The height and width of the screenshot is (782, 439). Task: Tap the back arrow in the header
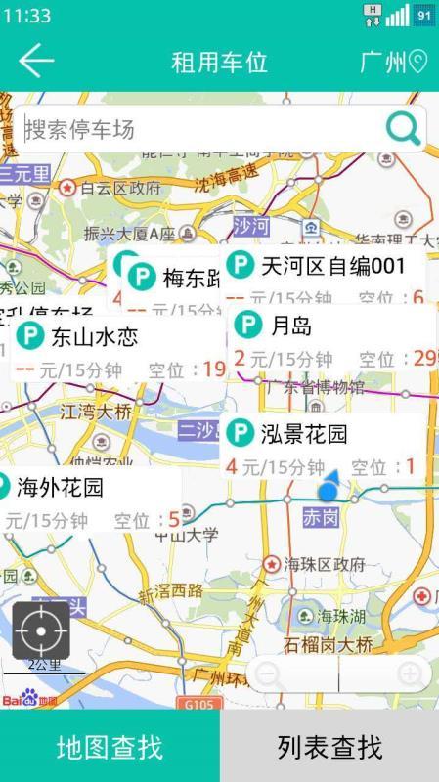tap(36, 62)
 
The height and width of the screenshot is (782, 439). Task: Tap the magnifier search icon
tap(403, 128)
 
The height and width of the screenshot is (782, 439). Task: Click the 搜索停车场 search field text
tap(79, 130)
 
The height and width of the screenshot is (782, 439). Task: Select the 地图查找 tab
tap(110, 748)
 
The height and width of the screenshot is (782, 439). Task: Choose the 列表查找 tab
tap(329, 748)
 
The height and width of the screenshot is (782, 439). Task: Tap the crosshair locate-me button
tap(40, 630)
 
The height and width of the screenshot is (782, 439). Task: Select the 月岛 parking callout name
tap(291, 326)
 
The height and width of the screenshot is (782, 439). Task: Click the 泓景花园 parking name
tap(303, 433)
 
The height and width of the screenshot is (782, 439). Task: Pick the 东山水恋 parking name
tap(94, 338)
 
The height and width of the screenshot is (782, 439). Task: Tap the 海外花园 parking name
tap(60, 486)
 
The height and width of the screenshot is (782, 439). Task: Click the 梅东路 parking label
tap(191, 279)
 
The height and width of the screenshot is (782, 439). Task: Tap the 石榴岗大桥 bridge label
tap(328, 644)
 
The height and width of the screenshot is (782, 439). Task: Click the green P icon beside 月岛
tap(249, 326)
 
